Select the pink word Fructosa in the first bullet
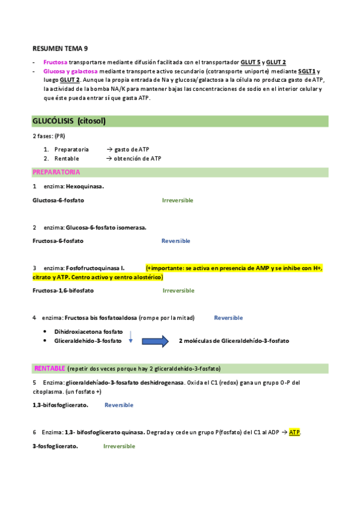pyautogui.click(x=55, y=62)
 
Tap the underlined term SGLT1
pyautogui.click(x=309, y=70)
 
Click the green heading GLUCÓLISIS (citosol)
pyautogui.click(x=69, y=121)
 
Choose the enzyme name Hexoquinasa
pyautogui.click(x=85, y=186)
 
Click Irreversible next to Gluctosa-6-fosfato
pyautogui.click(x=177, y=200)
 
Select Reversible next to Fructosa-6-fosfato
pyautogui.click(x=175, y=241)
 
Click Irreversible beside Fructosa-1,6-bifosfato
pyautogui.click(x=178, y=290)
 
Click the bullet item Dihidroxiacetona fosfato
pyautogui.click(x=88, y=331)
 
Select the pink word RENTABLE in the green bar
pyautogui.click(x=50, y=368)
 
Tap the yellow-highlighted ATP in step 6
pyautogui.click(x=294, y=432)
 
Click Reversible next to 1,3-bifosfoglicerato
pyautogui.click(x=119, y=405)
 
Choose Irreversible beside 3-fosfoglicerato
pyautogui.click(x=119, y=446)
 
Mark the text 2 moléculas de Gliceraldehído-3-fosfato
pyautogui.click(x=234, y=341)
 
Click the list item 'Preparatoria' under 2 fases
pyautogui.click(x=72, y=149)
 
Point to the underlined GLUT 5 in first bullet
pyautogui.click(x=250, y=62)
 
